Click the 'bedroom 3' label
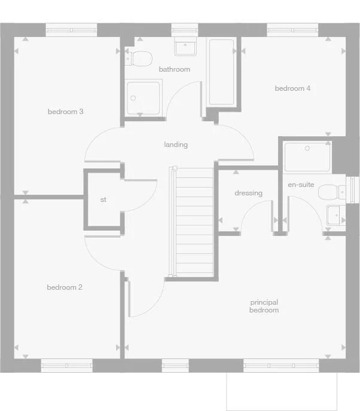[x=65, y=111]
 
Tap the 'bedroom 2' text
[x=65, y=287]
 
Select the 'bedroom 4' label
[x=292, y=88]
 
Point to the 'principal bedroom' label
[x=264, y=306]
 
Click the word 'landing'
[x=176, y=145]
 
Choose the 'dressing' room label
[x=248, y=193]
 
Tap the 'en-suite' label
[x=301, y=185]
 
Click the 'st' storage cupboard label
[x=103, y=200]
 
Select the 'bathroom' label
[x=174, y=69]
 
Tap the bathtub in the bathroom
[x=222, y=72]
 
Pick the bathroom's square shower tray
[x=144, y=99]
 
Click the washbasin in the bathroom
[x=185, y=47]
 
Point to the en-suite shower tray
[x=307, y=157]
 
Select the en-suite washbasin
[x=334, y=214]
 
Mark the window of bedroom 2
[x=66, y=364]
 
